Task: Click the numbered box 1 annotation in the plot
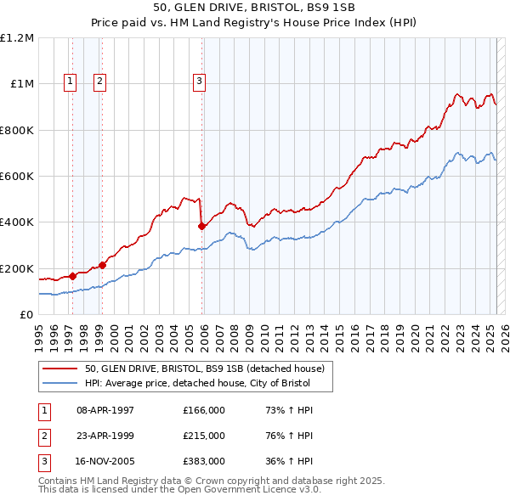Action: [69, 82]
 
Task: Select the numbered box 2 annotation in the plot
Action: [99, 82]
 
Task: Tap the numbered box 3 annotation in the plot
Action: [199, 82]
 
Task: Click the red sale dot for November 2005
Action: [202, 226]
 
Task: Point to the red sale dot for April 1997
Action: [72, 276]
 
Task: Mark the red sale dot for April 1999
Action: [103, 265]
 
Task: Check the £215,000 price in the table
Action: [203, 436]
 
